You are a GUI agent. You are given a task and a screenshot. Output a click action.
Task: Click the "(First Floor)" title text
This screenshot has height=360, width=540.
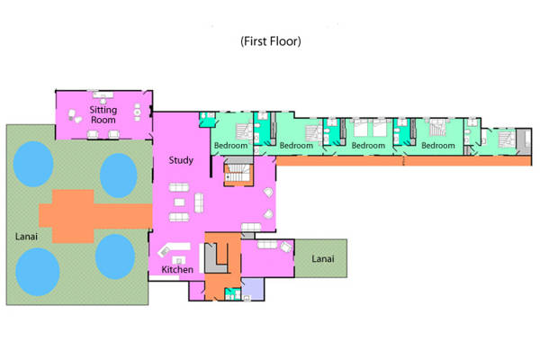(x=271, y=41)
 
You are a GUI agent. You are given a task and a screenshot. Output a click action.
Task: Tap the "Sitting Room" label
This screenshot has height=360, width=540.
(x=103, y=114)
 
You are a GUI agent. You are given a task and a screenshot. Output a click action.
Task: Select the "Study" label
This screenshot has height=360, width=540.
(x=181, y=160)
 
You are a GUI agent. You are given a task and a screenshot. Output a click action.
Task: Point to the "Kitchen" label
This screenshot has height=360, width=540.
(x=177, y=269)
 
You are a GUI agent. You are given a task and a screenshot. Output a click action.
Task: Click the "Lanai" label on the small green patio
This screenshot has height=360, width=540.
(x=323, y=258)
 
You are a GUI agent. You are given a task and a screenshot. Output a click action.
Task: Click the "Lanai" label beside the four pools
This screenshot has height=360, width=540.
(x=26, y=237)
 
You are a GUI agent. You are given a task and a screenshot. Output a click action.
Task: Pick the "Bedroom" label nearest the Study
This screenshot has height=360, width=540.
(x=230, y=146)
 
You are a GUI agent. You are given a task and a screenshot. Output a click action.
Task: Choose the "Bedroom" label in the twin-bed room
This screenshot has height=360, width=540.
(x=368, y=146)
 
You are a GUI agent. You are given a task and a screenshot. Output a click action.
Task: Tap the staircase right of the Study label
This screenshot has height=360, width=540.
(x=238, y=172)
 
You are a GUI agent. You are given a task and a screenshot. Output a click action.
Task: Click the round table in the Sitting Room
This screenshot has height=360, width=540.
(x=137, y=112)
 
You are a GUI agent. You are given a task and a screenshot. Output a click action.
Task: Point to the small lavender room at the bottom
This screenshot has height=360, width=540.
(x=253, y=289)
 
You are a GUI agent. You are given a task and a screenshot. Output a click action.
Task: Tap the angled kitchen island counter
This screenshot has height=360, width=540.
(x=173, y=248)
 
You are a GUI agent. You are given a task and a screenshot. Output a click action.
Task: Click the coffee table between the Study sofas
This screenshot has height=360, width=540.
(x=179, y=202)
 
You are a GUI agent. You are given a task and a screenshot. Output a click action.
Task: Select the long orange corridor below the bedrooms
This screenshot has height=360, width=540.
(x=403, y=161)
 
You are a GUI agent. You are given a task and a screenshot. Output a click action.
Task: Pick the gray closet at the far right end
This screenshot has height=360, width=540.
(x=524, y=141)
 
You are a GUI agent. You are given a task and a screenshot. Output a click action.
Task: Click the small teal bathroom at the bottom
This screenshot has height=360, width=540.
(x=233, y=294)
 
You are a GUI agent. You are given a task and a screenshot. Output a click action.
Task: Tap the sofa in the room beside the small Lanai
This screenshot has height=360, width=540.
(x=267, y=245)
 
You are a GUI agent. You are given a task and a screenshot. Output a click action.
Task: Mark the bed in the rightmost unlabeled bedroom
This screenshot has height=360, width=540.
(x=507, y=139)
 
